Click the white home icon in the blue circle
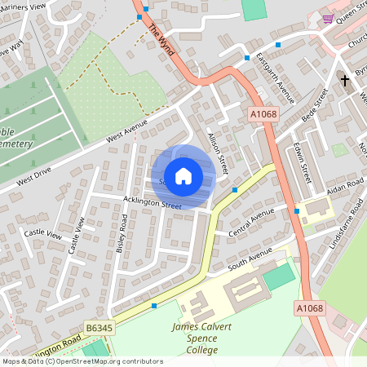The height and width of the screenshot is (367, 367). click(183, 175)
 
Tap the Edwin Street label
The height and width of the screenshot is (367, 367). click(302, 160)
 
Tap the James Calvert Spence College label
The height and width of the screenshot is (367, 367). click(195, 338)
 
